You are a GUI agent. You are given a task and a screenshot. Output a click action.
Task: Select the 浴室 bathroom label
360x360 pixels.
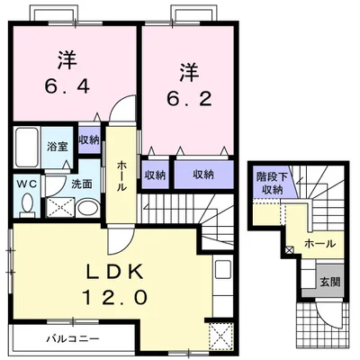tap(58, 145)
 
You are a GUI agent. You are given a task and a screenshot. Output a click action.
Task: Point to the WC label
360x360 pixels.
tap(24, 184)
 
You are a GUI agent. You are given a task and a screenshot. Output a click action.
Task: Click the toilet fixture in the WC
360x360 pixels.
tap(25, 204)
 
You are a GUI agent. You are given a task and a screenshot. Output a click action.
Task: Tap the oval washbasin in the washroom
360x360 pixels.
tap(87, 209)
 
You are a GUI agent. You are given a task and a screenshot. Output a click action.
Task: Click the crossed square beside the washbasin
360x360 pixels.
tap(58, 208)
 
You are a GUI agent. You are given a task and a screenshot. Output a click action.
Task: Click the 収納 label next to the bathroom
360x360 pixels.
tap(88, 140)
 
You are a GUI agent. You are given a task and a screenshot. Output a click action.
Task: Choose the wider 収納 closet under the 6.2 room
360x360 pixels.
tap(202, 174)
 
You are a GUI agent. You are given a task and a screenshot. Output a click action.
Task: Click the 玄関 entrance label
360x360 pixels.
tap(329, 281)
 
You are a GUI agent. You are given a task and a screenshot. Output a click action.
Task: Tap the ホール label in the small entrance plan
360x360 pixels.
tap(319, 243)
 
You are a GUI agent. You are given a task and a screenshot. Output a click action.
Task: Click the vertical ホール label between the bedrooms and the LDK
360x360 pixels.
tap(121, 175)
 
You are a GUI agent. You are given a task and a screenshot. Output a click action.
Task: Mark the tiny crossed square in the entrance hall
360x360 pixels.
tap(288, 249)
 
